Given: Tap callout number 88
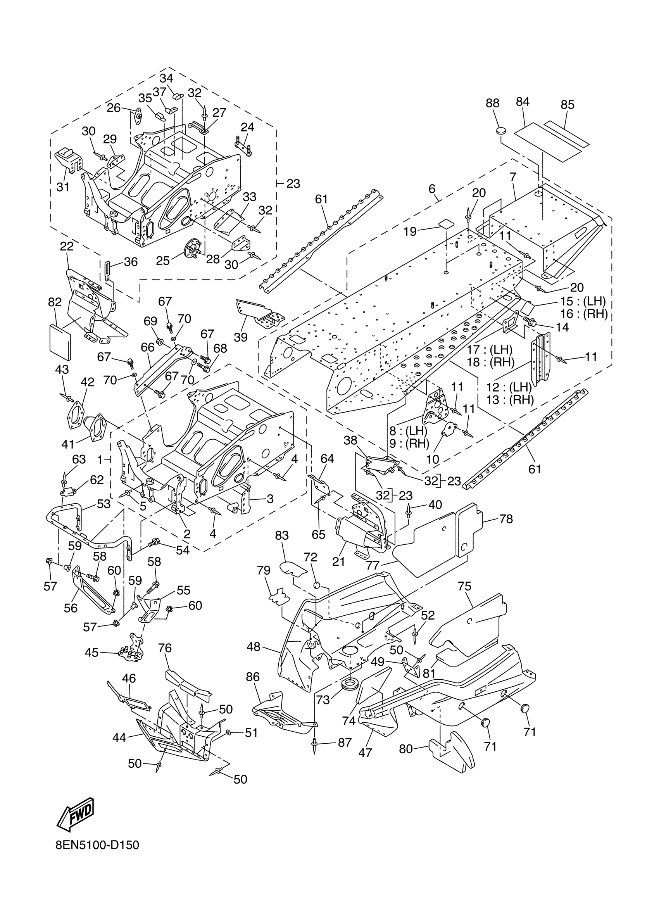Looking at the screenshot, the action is pyautogui.click(x=493, y=103).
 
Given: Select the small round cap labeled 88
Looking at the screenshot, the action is pyautogui.click(x=501, y=130).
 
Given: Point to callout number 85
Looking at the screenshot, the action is pyautogui.click(x=568, y=105).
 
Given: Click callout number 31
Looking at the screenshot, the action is pyautogui.click(x=63, y=187).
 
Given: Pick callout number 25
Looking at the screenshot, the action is pyautogui.click(x=163, y=261).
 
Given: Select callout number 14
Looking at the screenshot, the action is pyautogui.click(x=562, y=327).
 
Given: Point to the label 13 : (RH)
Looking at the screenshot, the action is pyautogui.click(x=510, y=400).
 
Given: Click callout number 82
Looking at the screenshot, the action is pyautogui.click(x=55, y=302).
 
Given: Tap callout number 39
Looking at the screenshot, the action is pyautogui.click(x=241, y=337).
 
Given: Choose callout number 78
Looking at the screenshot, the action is pyautogui.click(x=506, y=519).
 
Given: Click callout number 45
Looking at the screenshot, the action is pyautogui.click(x=91, y=653).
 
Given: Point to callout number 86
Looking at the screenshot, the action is pyautogui.click(x=253, y=677).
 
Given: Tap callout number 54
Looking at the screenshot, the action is pyautogui.click(x=183, y=550).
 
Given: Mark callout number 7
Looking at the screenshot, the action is pyautogui.click(x=513, y=177).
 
